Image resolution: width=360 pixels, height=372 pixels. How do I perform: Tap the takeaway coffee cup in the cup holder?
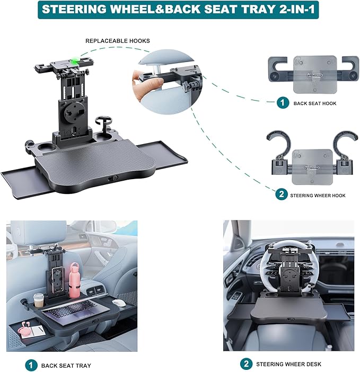(39, 300)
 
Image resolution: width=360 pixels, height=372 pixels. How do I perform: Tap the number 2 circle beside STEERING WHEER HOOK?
(282, 195)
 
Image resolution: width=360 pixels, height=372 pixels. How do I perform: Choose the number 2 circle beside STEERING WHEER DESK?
(246, 364)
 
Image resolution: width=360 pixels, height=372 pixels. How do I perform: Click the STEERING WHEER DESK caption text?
(288, 364)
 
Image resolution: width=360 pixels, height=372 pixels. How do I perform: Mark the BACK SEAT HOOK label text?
(315, 103)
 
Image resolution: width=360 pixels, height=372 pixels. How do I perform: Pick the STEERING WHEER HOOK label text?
(318, 196)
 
